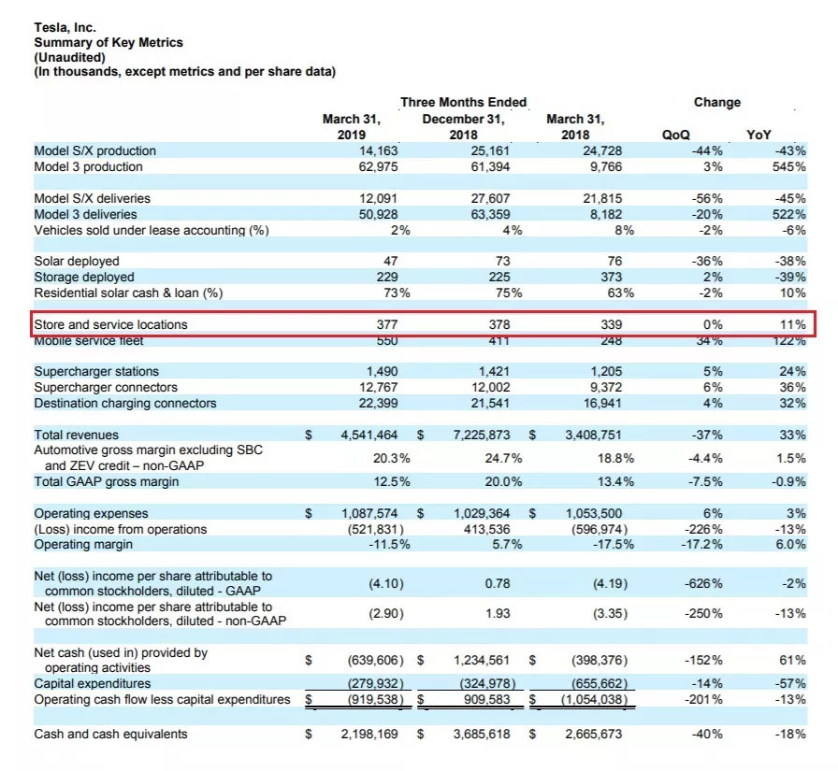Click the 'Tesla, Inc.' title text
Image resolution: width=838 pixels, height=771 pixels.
(x=65, y=27)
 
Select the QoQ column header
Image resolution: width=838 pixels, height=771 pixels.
(x=675, y=135)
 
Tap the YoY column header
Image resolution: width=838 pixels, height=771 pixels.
(x=759, y=135)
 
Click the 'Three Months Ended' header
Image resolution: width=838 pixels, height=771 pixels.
(x=463, y=102)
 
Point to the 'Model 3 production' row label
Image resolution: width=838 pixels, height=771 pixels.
(x=88, y=166)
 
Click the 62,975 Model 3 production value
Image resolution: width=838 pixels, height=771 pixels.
(x=378, y=166)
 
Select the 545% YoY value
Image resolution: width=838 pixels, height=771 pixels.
(x=788, y=166)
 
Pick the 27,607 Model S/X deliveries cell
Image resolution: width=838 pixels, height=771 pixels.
(x=490, y=198)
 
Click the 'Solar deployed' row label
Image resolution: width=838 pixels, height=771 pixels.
(x=77, y=261)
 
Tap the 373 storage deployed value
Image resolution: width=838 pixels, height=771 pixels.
(x=611, y=278)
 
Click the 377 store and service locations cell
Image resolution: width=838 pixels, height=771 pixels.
(x=387, y=324)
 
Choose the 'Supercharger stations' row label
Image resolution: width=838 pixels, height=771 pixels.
(x=96, y=371)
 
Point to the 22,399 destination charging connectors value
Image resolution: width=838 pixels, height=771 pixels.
(x=378, y=403)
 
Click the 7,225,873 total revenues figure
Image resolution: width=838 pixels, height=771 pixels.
(x=482, y=435)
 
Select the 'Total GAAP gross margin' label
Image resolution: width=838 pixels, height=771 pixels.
(x=107, y=481)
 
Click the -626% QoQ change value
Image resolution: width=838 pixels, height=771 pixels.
(x=703, y=583)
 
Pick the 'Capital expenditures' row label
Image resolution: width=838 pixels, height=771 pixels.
(x=93, y=683)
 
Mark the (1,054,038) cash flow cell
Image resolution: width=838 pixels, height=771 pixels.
(x=594, y=699)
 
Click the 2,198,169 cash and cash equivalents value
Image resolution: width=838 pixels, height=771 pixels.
(x=369, y=735)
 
